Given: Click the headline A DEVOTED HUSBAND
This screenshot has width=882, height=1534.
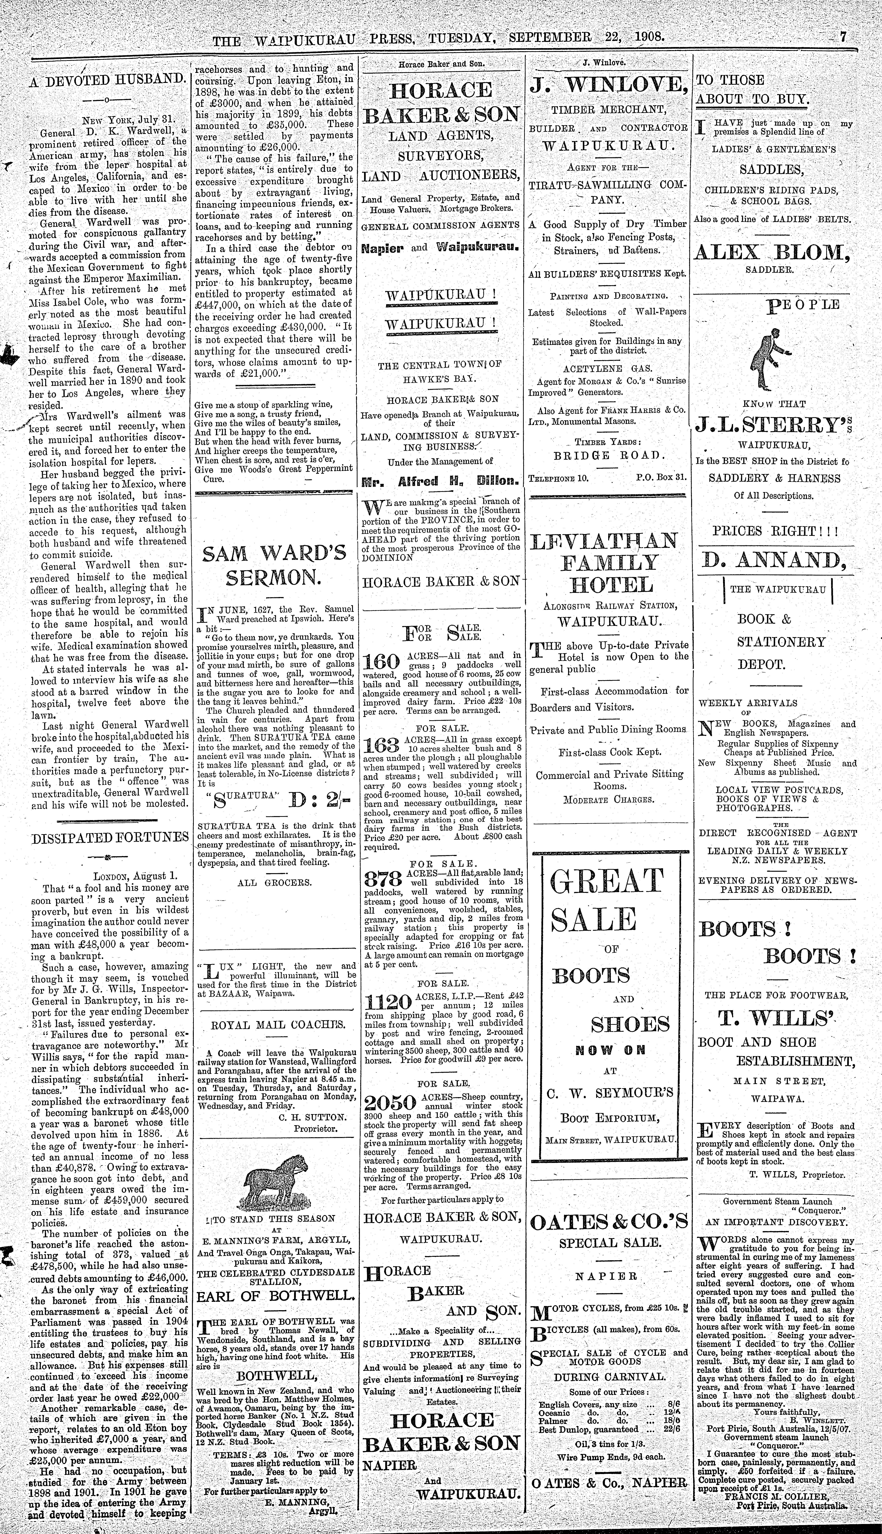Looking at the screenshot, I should pos(107,79).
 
